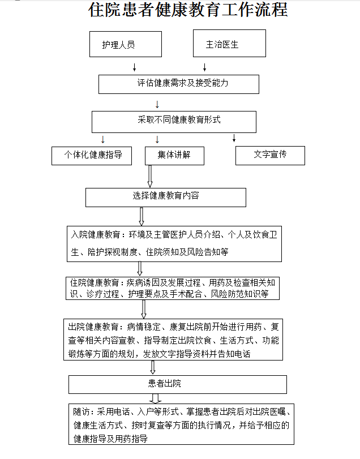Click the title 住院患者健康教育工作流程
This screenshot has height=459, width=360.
[188, 10]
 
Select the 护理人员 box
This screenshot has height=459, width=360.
[126, 44]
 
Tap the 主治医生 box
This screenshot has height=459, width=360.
[229, 44]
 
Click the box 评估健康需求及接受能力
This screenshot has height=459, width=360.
[179, 84]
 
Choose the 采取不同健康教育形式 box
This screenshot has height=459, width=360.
[174, 122]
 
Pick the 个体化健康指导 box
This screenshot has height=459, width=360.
[92, 156]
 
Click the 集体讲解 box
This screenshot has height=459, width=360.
[174, 156]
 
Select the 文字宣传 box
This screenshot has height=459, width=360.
[270, 156]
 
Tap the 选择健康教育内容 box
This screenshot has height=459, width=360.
[166, 198]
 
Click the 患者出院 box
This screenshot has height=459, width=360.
[178, 384]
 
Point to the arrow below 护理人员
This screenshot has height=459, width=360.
[134, 67]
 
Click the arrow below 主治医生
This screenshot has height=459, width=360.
[204, 67]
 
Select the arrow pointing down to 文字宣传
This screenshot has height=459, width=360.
[234, 138]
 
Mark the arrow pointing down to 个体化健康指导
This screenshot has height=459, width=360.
[102, 139]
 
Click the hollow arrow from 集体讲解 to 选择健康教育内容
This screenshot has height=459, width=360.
[150, 176]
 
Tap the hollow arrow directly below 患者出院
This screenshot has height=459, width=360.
[155, 398]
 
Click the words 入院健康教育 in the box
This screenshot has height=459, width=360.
[96, 234]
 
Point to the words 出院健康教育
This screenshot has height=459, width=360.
[93, 327]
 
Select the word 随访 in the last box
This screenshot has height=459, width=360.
[81, 411]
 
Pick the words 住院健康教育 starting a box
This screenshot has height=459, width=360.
[95, 282]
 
